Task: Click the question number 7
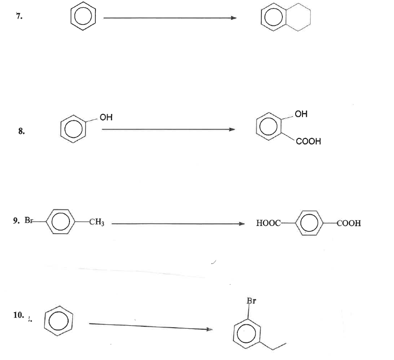[x=19, y=16]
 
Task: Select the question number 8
[x=22, y=131]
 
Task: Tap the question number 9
[x=16, y=221]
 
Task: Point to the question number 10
[x=19, y=315]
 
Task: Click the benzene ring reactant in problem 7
[x=71, y=16]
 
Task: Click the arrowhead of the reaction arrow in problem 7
[x=233, y=18]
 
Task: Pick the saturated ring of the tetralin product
[x=310, y=17]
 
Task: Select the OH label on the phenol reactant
[x=106, y=117]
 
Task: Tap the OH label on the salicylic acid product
[x=301, y=114]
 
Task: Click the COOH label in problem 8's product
[x=308, y=141]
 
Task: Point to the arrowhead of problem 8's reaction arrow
[x=232, y=130]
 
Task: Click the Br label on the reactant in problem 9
[x=28, y=220]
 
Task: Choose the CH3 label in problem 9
[x=97, y=222]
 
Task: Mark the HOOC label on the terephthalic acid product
[x=268, y=223]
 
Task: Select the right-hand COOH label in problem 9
[x=349, y=223]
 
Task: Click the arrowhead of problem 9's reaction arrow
[x=241, y=224]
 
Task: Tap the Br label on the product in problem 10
[x=251, y=300]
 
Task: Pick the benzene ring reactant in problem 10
[x=44, y=321]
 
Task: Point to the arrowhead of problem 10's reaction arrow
[x=209, y=329]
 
